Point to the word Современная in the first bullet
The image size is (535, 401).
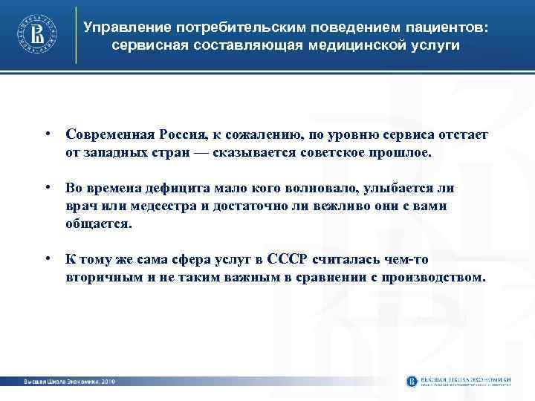coord(109,134)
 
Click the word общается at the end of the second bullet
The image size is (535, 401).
coord(99,223)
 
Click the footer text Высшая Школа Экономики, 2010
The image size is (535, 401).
coord(65,381)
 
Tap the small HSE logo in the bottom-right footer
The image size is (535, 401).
coord(412,381)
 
